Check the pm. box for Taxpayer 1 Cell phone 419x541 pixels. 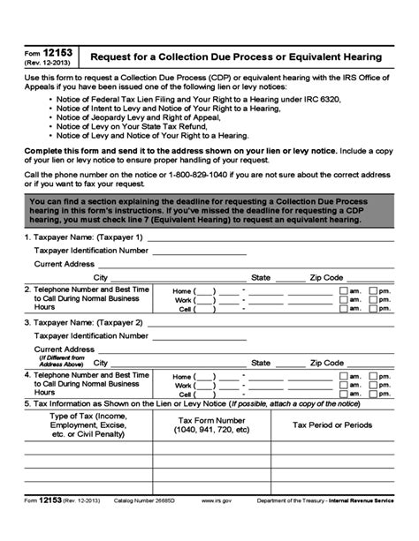click(x=373, y=310)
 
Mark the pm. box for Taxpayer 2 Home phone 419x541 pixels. click(x=373, y=376)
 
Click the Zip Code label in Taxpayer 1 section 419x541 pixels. click(x=326, y=277)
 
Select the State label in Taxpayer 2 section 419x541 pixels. click(x=261, y=363)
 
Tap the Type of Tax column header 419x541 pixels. click(x=88, y=425)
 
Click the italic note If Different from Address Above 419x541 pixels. click(x=61, y=361)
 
